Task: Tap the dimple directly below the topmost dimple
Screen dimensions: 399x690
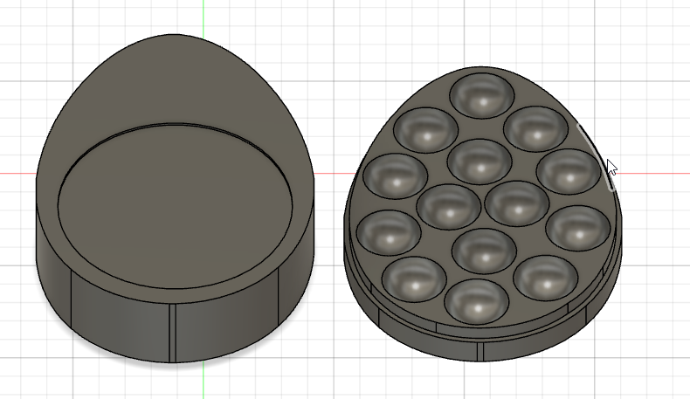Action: point(479,162)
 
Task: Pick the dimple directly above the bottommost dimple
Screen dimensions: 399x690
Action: point(486,249)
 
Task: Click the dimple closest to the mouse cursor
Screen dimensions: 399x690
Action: point(568,171)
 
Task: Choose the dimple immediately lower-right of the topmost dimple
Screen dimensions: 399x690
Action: point(535,128)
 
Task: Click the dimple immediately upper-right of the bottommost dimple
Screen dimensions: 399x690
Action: point(545,278)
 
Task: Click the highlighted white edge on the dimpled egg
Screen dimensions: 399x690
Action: point(596,154)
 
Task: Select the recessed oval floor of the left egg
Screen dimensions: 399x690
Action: point(176,204)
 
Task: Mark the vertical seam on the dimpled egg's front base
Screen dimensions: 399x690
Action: point(482,350)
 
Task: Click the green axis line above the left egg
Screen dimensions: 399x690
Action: point(203,17)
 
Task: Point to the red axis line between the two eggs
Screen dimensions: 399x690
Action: point(330,173)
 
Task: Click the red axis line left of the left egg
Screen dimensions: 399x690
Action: point(17,173)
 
